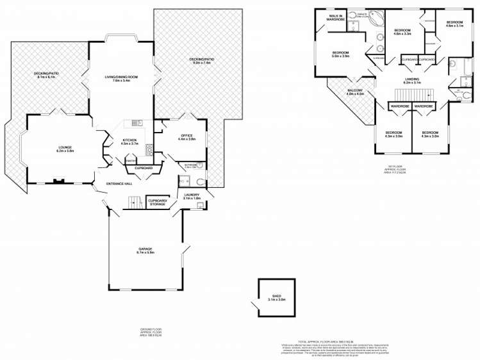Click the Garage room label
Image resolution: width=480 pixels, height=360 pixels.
pyautogui.click(x=145, y=250)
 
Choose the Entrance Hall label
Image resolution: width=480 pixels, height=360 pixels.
pyautogui.click(x=120, y=184)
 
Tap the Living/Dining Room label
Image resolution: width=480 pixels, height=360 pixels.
pyautogui.click(x=121, y=79)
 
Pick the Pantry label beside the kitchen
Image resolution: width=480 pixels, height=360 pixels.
pyautogui.click(x=130, y=161)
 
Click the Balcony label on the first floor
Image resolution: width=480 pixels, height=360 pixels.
pyautogui.click(x=355, y=92)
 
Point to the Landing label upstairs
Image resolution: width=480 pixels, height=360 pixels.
pyautogui.click(x=412, y=81)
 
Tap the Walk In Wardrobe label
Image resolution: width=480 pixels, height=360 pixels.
pyautogui.click(x=336, y=17)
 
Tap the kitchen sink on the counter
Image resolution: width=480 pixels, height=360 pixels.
pyautogui.click(x=137, y=123)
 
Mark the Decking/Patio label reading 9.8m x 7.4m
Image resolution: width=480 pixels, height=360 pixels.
pyautogui.click(x=201, y=61)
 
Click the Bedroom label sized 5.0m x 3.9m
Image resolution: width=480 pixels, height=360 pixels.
pyautogui.click(x=340, y=54)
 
